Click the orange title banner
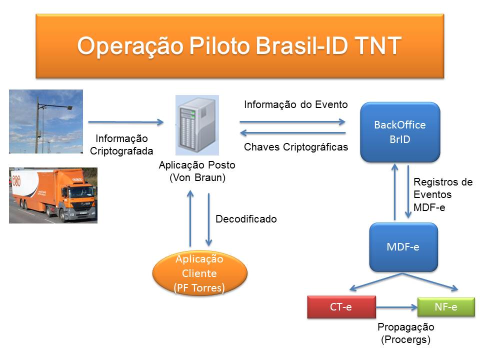239,45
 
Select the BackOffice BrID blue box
399,132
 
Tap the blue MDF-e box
403,247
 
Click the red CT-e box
341,307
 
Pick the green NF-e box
445,307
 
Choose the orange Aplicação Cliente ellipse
199,273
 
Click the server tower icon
197,124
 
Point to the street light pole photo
46,121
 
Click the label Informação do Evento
295,104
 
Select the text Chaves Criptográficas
295,147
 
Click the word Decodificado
246,219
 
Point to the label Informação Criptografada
122,144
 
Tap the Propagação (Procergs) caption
405,333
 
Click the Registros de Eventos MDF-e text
442,194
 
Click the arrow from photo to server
126,121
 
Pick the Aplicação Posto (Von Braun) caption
197,170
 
